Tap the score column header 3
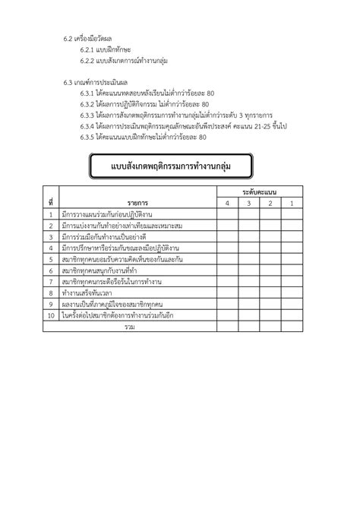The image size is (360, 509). tap(248, 204)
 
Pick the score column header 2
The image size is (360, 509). tap(270, 204)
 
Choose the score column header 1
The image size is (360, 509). tap(292, 204)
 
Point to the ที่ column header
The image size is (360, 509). tap(49, 204)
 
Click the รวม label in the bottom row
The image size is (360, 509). tap(130, 326)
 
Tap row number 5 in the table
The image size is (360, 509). tap(49, 259)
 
